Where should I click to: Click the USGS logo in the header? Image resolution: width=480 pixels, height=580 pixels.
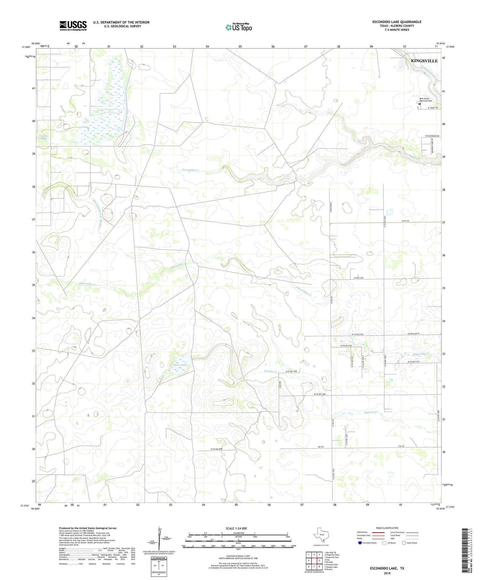tap(73, 26)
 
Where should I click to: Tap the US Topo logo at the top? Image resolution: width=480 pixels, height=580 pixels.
tap(238, 28)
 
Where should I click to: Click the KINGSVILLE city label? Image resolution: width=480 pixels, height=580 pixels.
tap(424, 61)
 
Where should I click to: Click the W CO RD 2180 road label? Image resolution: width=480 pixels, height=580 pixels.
tap(319, 394)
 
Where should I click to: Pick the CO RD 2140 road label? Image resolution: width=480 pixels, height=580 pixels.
tap(359, 278)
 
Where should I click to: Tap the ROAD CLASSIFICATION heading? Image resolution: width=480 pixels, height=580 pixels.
tap(387, 528)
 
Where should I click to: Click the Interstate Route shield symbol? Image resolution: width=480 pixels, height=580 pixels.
tap(360, 543)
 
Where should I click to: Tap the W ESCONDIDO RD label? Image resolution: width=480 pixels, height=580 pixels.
tap(431, 136)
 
